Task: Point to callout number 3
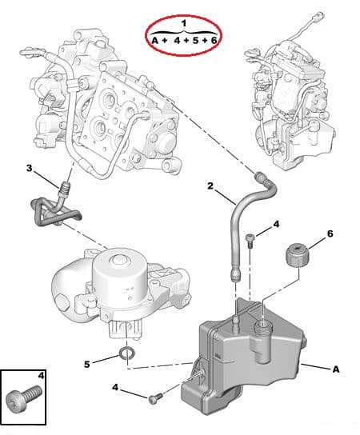tap(30, 168)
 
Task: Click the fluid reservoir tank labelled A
tap(248, 360)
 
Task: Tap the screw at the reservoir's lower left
tap(155, 397)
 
